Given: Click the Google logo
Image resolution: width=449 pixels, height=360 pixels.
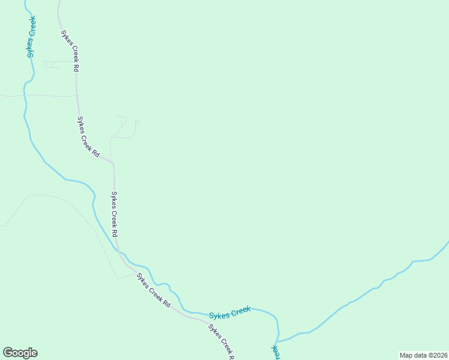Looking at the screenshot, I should point(20,353).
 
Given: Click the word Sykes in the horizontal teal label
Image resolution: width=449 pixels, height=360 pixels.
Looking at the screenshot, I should point(219,314).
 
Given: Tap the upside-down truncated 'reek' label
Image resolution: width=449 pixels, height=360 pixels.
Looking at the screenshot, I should point(276,350).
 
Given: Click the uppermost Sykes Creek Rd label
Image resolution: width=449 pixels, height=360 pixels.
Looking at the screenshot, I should point(68,51).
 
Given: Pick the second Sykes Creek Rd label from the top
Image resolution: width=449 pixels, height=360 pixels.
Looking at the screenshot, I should point(88,136).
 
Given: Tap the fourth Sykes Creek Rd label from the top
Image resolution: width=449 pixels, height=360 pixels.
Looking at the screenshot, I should point(153,290).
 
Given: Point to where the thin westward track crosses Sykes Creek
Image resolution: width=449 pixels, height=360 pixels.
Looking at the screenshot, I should point(24,95).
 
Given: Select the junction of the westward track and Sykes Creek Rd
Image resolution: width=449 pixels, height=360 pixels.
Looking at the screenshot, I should point(77,95).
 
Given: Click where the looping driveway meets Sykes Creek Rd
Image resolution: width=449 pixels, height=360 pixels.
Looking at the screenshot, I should point(111,161).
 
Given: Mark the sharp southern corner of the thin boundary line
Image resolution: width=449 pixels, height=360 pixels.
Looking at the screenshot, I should point(117,278).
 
